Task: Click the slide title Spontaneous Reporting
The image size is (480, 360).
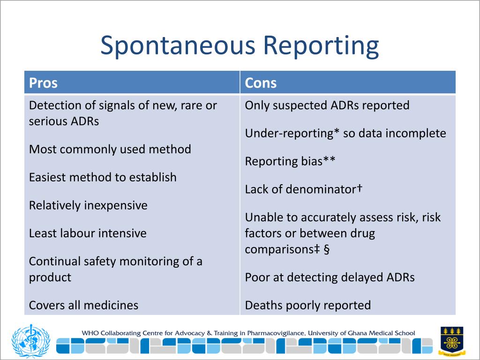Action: pyautogui.click(x=240, y=46)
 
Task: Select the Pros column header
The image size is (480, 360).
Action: pyautogui.click(x=43, y=83)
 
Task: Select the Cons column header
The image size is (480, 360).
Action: pyautogui.click(x=261, y=83)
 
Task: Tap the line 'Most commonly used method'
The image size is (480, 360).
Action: pyautogui.click(x=110, y=150)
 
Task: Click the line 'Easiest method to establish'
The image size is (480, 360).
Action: pyautogui.click(x=103, y=178)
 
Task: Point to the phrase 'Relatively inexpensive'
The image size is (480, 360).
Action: pyautogui.click(x=88, y=205)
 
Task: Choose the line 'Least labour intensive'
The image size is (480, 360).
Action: pyautogui.click(x=88, y=233)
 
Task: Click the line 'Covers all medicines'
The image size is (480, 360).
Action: pyautogui.click(x=83, y=306)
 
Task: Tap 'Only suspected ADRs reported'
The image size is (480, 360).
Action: pyautogui.click(x=327, y=105)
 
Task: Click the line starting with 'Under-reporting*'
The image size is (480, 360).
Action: pyautogui.click(x=345, y=134)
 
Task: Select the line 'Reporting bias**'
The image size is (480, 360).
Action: pyautogui.click(x=290, y=162)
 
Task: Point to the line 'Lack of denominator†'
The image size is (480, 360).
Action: pyautogui.click(x=304, y=189)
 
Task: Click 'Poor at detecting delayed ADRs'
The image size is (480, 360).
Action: pyautogui.click(x=330, y=277)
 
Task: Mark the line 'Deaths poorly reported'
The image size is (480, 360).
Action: pyautogui.click(x=307, y=306)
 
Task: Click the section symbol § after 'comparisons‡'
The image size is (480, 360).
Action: pyautogui.click(x=326, y=249)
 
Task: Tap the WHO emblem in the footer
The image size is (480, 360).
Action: pyautogui.click(x=30, y=341)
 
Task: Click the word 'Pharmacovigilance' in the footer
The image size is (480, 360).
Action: pyautogui.click(x=271, y=333)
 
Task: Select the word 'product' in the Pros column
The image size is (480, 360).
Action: pyautogui.click(x=50, y=277)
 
